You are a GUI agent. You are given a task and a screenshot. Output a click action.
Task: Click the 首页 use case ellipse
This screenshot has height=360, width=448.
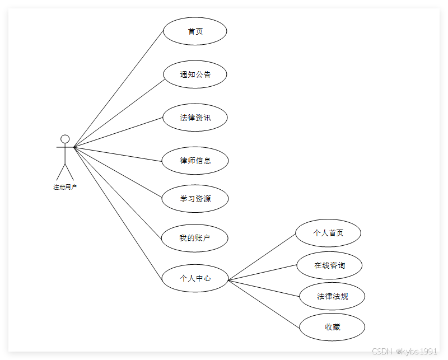195,31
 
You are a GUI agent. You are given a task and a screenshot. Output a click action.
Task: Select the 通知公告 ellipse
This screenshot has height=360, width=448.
195,74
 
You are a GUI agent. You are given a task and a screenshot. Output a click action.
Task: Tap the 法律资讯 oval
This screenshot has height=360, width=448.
195,118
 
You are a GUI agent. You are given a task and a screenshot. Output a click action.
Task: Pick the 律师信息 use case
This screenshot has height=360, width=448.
195,161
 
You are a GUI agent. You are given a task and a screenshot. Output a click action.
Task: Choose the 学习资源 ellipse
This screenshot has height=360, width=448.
195,199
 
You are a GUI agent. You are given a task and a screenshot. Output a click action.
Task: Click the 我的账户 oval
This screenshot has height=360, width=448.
195,238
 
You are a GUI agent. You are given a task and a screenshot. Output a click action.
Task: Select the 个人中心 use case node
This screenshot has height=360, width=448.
195,278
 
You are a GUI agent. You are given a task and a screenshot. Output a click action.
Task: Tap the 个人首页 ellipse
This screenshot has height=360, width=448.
328,233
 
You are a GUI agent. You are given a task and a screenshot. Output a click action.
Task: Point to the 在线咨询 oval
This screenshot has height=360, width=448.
330,265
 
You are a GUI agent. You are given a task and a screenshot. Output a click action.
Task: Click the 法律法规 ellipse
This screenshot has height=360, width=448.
332,296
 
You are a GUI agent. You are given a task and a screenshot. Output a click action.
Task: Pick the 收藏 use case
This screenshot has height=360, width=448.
332,327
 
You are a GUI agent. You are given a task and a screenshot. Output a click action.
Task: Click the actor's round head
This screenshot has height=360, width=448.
65,139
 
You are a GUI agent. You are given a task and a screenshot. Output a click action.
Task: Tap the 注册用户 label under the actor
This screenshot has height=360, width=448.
65,187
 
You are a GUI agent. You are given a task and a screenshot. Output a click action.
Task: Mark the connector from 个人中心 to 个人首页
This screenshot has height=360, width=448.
262,257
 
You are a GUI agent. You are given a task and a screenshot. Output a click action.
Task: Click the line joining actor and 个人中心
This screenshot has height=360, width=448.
119,208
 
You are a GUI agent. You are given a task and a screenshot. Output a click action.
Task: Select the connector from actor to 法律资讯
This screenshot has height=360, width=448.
119,132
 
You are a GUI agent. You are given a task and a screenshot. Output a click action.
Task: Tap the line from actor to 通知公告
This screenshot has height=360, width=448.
119,114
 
